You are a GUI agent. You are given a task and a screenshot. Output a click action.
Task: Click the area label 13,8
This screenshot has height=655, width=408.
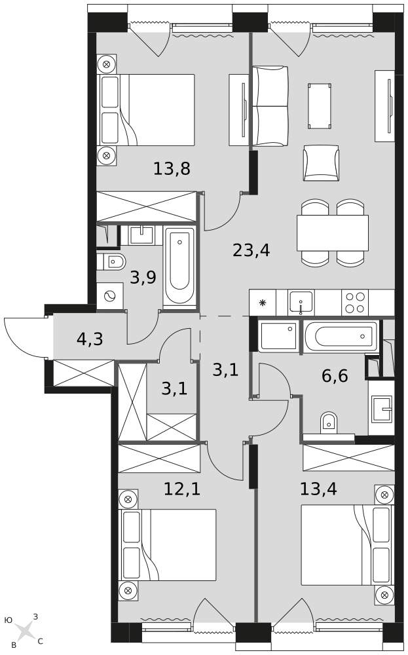click(x=172, y=169)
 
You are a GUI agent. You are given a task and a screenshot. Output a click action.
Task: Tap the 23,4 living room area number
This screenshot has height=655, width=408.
click(x=251, y=250)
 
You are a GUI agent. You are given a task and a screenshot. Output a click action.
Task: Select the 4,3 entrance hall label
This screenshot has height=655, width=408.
click(x=90, y=339)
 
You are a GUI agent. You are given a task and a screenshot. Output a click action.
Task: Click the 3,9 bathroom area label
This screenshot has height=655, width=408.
click(x=143, y=278)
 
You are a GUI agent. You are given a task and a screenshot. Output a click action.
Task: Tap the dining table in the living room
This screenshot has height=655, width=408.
click(x=332, y=233)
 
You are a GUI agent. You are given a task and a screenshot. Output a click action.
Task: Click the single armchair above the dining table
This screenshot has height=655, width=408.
click(x=321, y=162)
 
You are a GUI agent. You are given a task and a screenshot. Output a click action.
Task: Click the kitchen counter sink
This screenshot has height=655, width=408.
click(x=301, y=303)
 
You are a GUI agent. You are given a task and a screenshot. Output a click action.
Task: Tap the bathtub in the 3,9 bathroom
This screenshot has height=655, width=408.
click(x=179, y=265)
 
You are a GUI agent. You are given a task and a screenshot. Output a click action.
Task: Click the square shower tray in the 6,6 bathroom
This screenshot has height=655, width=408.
click(x=279, y=335)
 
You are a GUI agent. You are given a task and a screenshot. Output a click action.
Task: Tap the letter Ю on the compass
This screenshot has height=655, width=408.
click(x=9, y=619)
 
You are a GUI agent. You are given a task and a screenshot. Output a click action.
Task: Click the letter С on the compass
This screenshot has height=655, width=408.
click(x=40, y=641)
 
